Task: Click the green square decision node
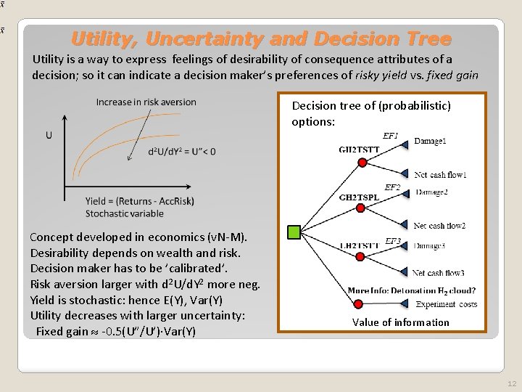point(294,232)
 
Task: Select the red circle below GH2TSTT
point(362,163)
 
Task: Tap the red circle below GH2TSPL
point(362,211)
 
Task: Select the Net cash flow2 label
point(439,226)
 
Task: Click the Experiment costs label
point(447,304)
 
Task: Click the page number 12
point(512,383)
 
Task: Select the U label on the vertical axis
point(49,135)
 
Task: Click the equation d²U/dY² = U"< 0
point(181,152)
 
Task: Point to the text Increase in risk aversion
point(146,102)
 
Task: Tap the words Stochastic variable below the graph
point(125,213)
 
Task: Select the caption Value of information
point(400,322)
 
